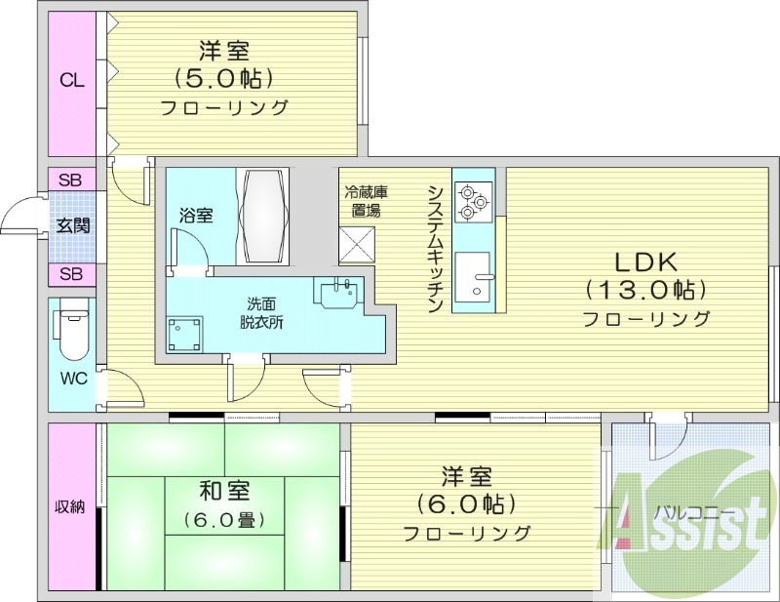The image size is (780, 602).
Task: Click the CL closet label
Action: (71, 80)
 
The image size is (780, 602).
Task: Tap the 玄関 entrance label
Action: (72, 226)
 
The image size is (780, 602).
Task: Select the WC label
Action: (71, 378)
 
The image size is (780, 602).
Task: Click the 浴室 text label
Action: (196, 216)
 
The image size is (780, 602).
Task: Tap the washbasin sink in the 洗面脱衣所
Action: (338, 291)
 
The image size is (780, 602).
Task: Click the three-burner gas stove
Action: (473, 202)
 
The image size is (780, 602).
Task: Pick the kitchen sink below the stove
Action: (475, 278)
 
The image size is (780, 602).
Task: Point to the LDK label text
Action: (645, 261)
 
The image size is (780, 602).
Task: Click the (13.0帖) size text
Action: (645, 290)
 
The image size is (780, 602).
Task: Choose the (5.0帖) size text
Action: (223, 77)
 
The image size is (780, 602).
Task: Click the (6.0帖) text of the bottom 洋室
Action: (466, 504)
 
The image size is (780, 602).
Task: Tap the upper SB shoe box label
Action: (70, 181)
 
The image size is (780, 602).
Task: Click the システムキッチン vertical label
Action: (436, 248)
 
